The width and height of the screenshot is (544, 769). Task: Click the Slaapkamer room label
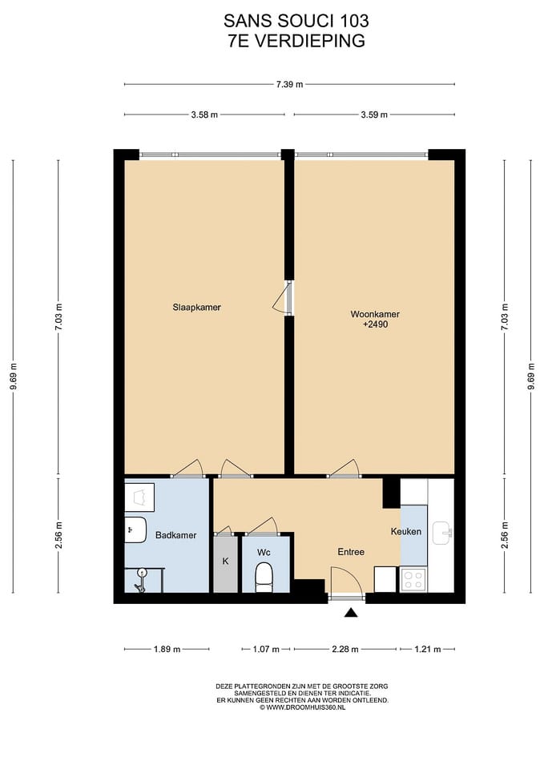click(x=197, y=308)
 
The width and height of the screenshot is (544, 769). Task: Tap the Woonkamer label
click(x=375, y=314)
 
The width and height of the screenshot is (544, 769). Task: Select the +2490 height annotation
click(x=375, y=324)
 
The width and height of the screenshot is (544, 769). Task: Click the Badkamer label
click(x=175, y=535)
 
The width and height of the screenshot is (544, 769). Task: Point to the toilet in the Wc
click(x=264, y=578)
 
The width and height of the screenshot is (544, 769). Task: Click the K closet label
click(x=226, y=561)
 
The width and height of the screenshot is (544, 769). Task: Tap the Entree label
click(x=351, y=552)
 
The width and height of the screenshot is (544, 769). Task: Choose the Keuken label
click(x=406, y=531)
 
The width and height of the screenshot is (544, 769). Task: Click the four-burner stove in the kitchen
click(x=413, y=579)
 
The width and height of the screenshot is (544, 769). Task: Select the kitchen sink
click(x=442, y=533)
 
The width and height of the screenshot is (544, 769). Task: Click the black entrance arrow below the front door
click(x=350, y=612)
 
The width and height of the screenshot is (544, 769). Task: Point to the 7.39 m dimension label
click(x=289, y=84)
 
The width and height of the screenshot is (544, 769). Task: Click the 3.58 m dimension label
click(x=204, y=115)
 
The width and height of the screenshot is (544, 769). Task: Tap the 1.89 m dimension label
click(x=167, y=650)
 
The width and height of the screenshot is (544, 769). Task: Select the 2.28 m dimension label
click(x=345, y=650)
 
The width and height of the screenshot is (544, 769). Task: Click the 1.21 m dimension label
click(x=427, y=650)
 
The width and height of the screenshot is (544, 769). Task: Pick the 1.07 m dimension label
click(x=266, y=650)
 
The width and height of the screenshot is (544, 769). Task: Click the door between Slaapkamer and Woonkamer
click(x=284, y=298)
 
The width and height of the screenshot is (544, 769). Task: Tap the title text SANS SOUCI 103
click(x=296, y=21)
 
